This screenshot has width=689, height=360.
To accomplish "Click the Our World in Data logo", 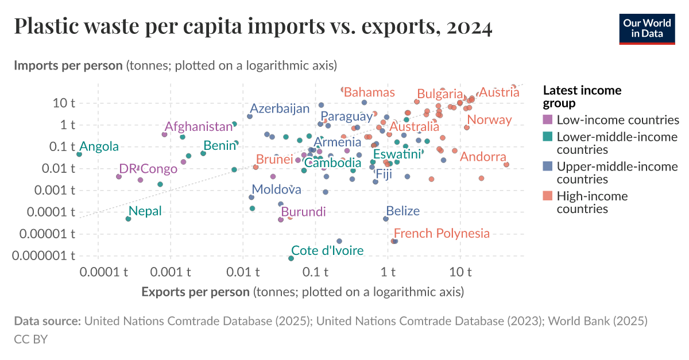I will [647, 27].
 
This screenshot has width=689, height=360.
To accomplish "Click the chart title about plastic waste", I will [253, 27].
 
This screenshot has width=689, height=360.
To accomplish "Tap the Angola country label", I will [99, 146].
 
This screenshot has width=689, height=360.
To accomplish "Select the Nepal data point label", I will [145, 211].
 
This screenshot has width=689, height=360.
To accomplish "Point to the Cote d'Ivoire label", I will [327, 250].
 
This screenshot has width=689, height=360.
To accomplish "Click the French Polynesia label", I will [442, 233].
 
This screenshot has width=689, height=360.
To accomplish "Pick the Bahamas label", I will [369, 92].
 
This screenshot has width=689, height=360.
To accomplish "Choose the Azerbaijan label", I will [280, 109].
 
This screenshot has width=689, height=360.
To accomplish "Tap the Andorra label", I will [483, 157].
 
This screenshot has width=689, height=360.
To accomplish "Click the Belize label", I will [402, 211].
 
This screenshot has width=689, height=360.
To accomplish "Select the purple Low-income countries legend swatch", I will [548, 120].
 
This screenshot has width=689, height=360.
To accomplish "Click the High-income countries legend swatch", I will [548, 196].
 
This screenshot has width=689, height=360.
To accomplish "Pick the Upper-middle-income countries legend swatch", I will [548, 167].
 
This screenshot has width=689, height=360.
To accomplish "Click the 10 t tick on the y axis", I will [64, 103].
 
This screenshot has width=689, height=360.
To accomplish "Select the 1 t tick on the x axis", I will [388, 270].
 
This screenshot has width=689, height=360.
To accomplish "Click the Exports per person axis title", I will [303, 292].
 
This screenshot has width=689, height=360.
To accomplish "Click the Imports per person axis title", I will [175, 65].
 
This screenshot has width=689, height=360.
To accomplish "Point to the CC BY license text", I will [30, 339].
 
